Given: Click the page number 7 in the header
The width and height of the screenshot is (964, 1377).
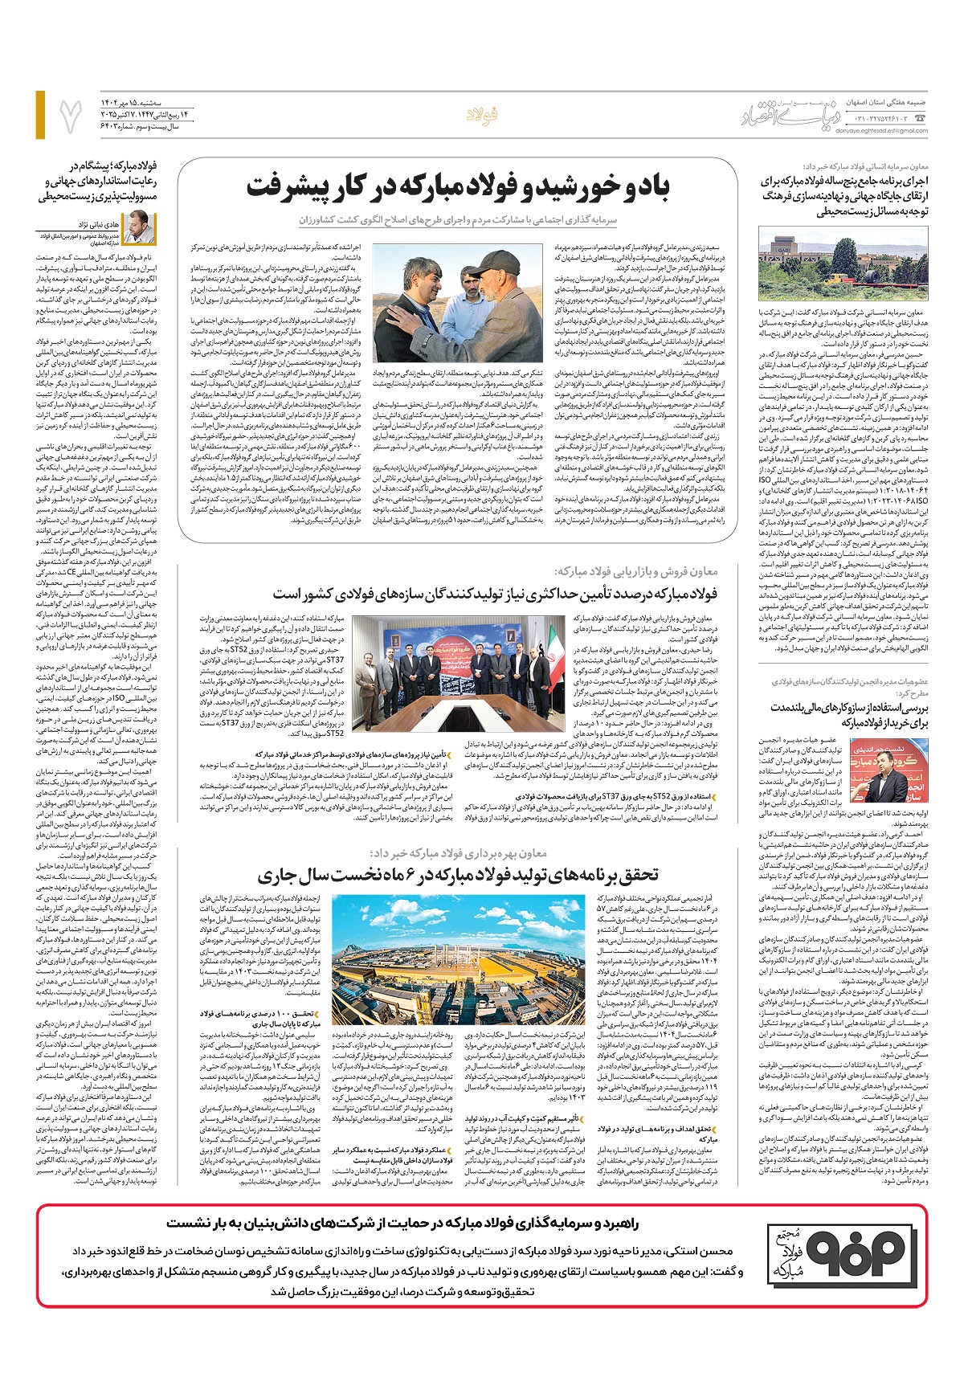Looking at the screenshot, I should (70, 114).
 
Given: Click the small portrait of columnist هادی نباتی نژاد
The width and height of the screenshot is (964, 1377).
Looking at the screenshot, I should (140, 227).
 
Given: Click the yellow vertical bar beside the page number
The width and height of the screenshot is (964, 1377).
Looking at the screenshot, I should (40, 114).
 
